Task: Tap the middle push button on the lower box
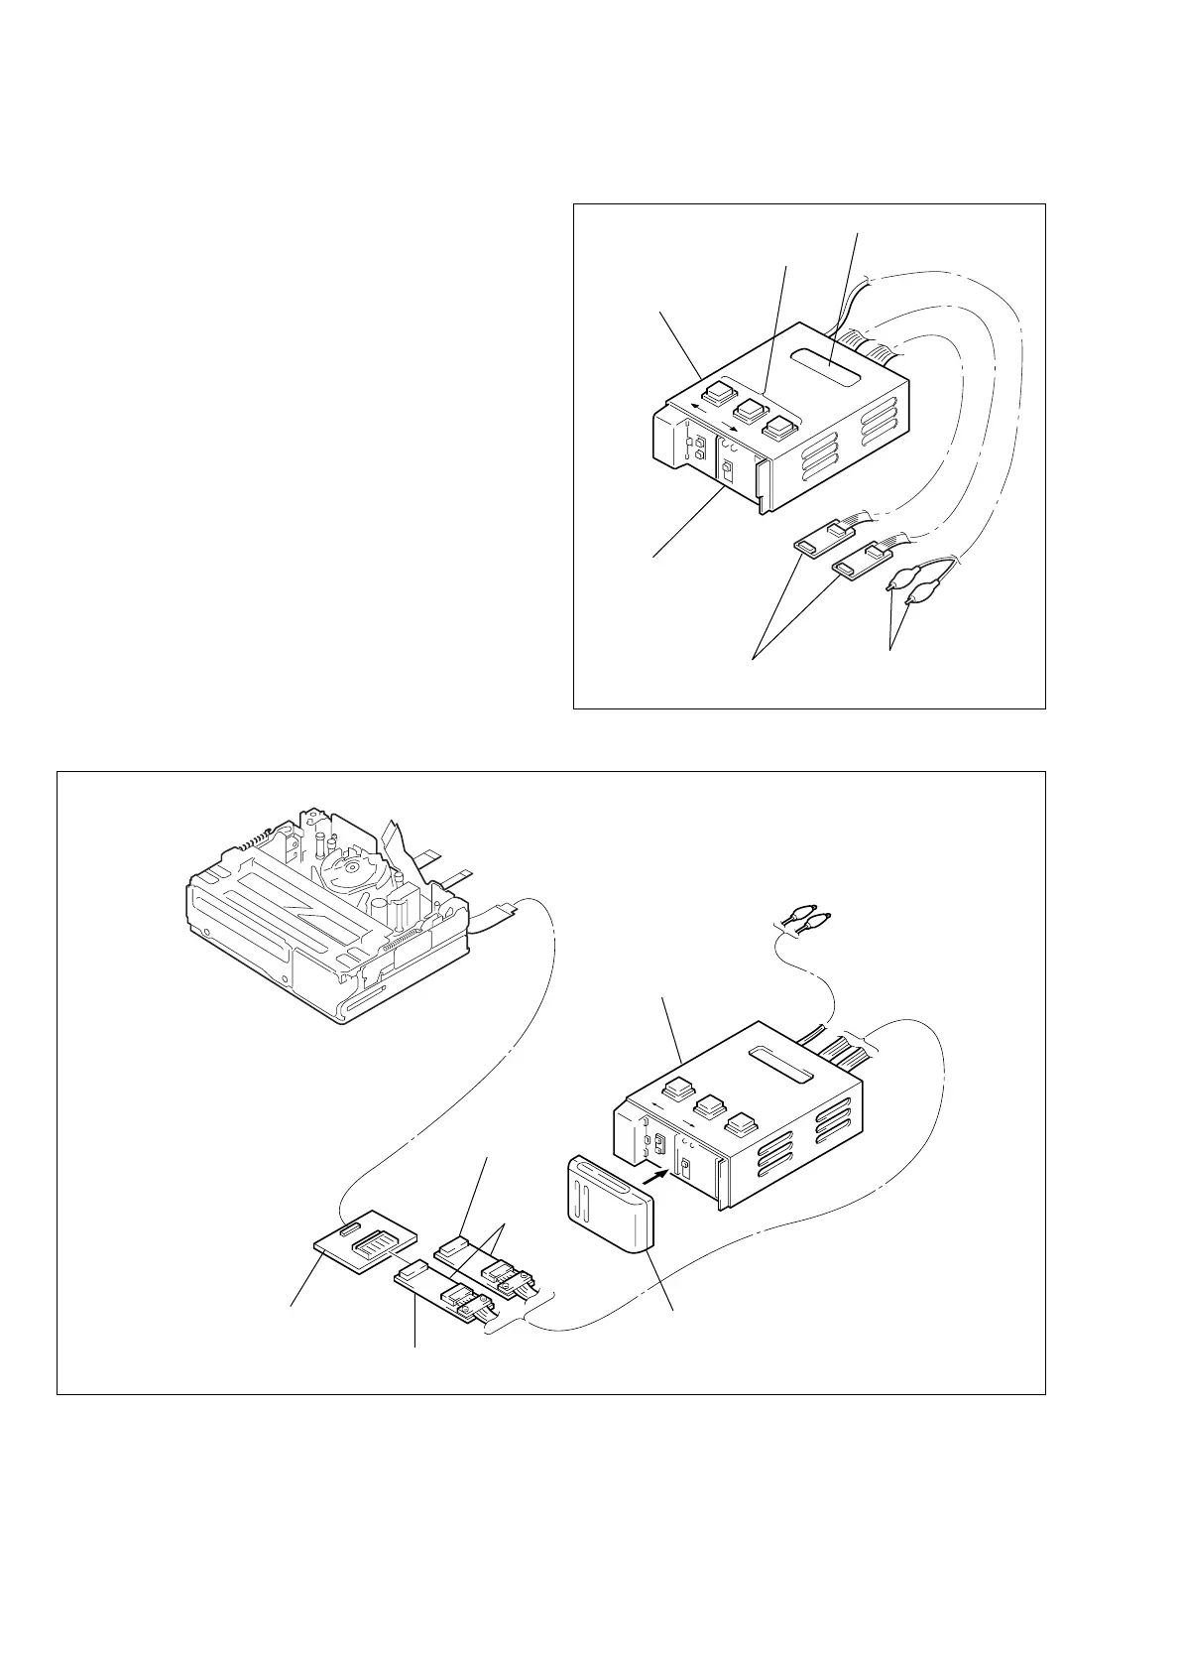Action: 708,1107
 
